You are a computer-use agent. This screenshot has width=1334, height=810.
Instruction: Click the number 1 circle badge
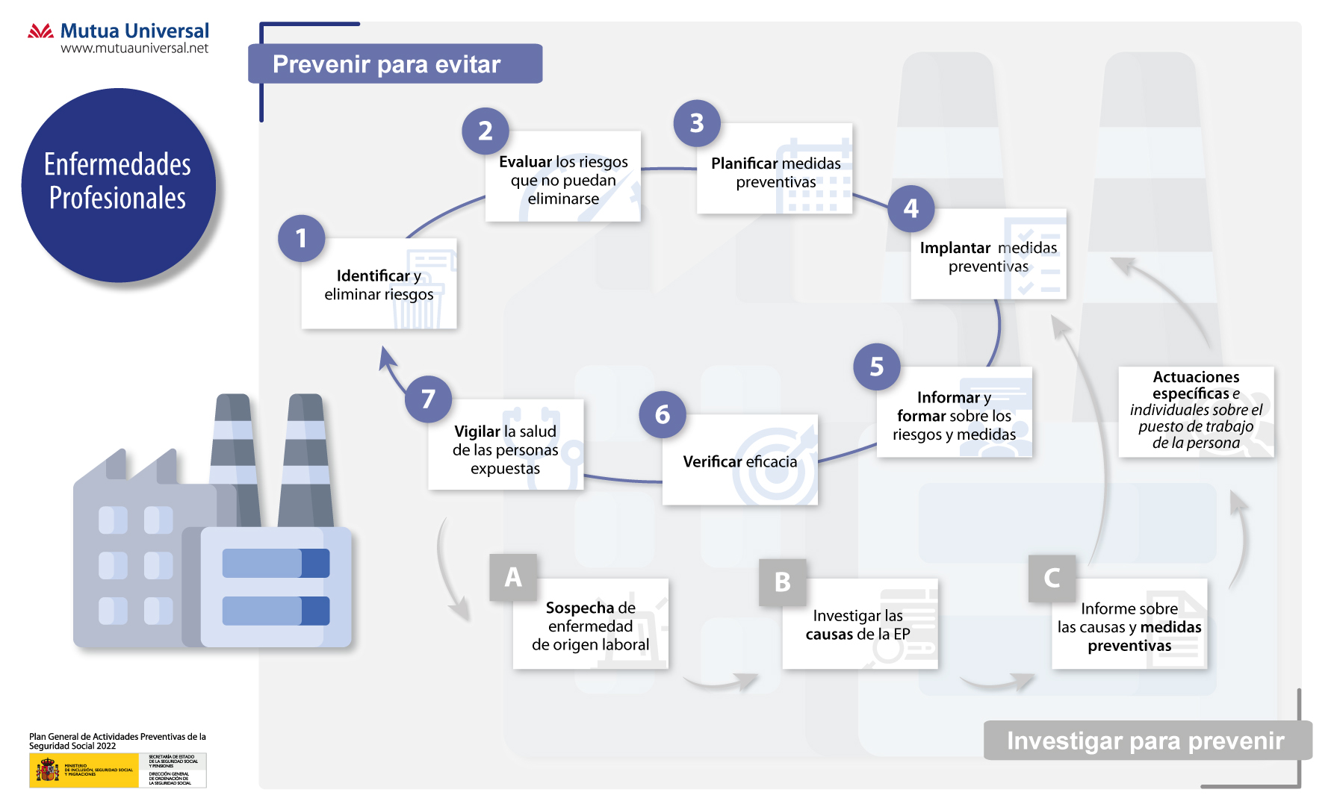click(301, 238)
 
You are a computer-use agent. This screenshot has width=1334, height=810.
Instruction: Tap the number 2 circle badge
click(485, 131)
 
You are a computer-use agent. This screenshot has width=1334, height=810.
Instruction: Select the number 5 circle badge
click(876, 367)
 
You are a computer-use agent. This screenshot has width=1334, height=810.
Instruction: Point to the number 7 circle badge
click(428, 399)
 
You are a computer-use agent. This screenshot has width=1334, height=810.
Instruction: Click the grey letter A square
click(513, 577)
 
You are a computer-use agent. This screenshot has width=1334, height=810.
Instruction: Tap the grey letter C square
click(1052, 578)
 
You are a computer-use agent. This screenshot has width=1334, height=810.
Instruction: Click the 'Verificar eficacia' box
click(739, 461)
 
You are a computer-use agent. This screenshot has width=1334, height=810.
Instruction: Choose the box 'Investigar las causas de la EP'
click(859, 625)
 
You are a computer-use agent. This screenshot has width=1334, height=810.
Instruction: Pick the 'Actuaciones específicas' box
click(1196, 411)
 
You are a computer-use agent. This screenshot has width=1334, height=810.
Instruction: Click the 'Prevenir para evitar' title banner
click(395, 64)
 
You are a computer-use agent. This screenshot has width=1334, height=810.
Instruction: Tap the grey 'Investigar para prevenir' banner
click(1146, 741)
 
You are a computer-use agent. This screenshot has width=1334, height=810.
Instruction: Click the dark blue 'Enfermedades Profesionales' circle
click(118, 184)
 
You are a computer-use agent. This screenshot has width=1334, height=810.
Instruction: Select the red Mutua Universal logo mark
click(40, 31)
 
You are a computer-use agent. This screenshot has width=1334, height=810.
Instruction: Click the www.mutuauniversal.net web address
click(134, 49)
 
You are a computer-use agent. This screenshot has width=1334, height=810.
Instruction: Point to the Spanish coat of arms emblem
click(48, 770)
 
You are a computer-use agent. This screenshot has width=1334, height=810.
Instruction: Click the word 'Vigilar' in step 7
click(477, 432)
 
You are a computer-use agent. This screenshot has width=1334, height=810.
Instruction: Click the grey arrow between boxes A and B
click(721, 681)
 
